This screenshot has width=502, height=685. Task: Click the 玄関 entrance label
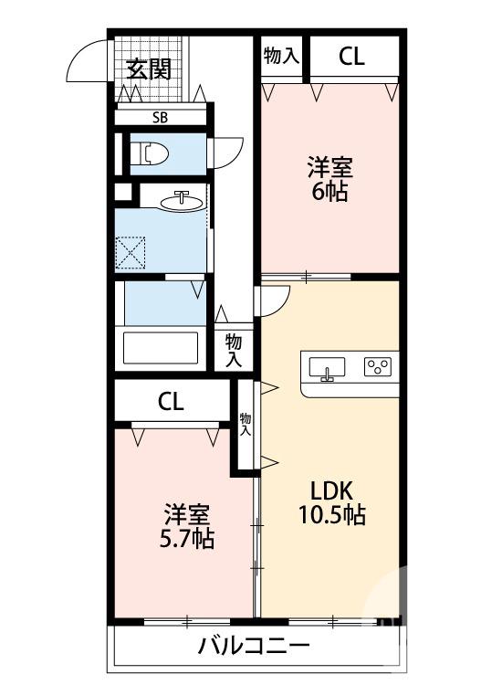tap(149, 69)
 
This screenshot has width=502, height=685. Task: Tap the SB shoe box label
tap(159, 117)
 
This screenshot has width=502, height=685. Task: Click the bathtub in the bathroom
tap(161, 348)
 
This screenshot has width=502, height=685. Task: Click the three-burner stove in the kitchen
tap(377, 367)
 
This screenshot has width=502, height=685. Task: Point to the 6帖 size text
tap(329, 193)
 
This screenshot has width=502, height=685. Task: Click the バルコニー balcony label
tap(254, 648)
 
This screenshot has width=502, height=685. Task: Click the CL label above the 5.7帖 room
tap(171, 401)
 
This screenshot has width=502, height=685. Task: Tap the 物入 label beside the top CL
tap(280, 56)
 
